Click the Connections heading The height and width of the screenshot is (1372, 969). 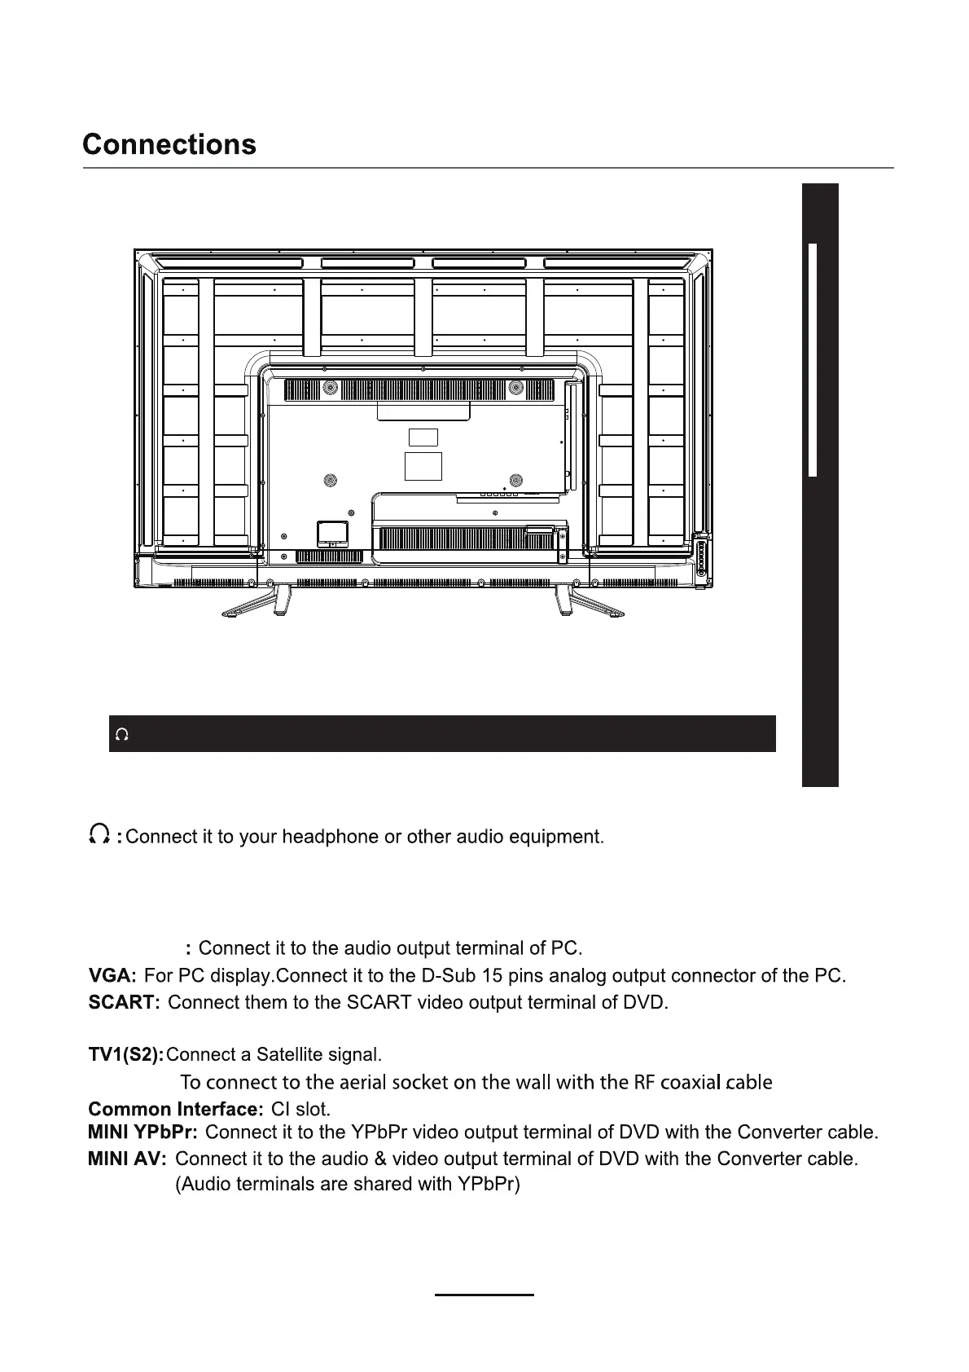click(x=169, y=145)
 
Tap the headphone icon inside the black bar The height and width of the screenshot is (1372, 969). click(x=122, y=735)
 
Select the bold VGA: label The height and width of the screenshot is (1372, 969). click(x=112, y=975)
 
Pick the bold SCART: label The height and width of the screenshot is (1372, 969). click(x=124, y=1002)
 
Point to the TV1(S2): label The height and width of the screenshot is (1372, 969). click(x=125, y=1055)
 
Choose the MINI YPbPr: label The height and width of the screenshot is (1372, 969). click(x=142, y=1132)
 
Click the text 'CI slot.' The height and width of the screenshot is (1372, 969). click(x=300, y=1109)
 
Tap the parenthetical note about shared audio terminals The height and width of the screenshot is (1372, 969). click(x=348, y=1185)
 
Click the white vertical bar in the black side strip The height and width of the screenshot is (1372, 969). click(x=812, y=358)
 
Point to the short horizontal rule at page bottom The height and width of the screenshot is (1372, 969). click(x=484, y=1294)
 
